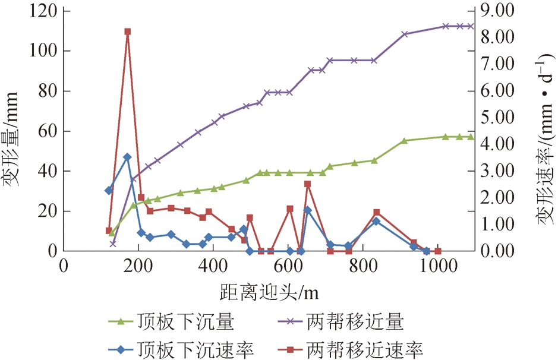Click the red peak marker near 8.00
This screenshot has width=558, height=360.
(x=127, y=31)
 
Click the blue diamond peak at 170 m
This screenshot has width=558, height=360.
(x=127, y=157)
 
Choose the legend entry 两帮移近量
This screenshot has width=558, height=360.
(x=351, y=323)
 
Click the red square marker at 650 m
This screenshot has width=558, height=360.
(x=307, y=184)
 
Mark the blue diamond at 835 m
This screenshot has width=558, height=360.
(x=376, y=221)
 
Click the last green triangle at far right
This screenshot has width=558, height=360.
(x=471, y=137)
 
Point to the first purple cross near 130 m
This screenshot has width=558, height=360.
(x=113, y=244)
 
